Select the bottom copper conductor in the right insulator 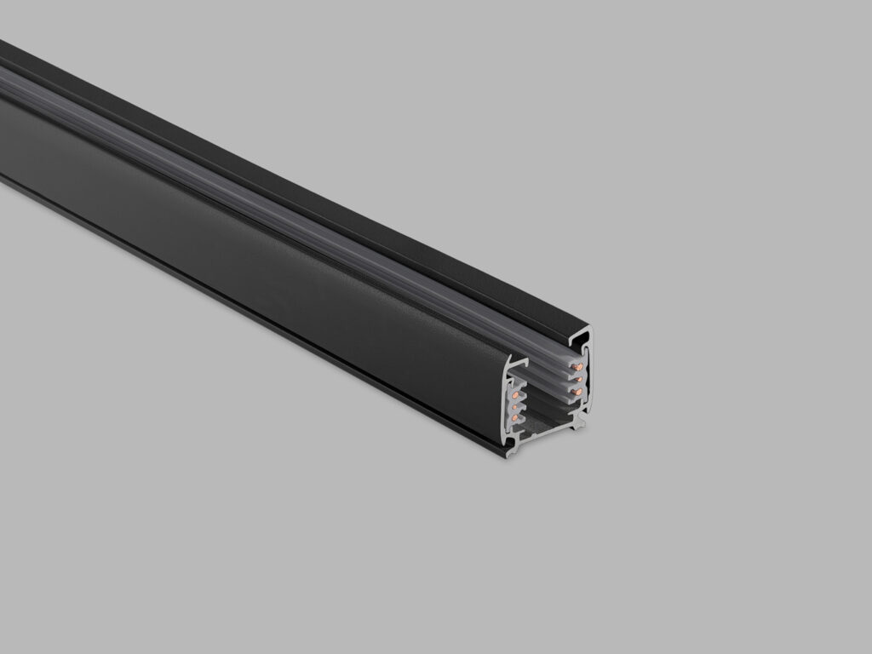pos(578,391)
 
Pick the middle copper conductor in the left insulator pos(514,406)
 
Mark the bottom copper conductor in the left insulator pos(514,419)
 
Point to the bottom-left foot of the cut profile pos(509,451)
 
